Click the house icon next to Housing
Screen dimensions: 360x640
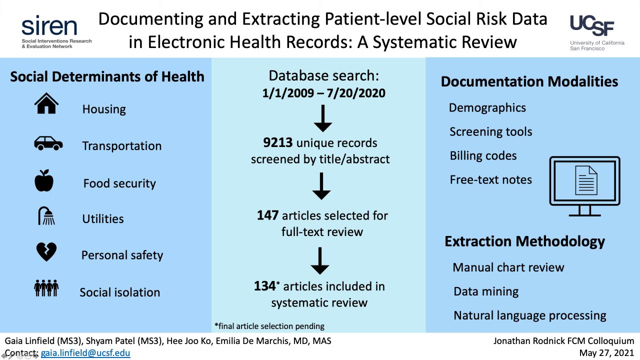[46, 103]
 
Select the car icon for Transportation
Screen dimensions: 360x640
[48, 143]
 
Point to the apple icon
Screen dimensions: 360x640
[44, 180]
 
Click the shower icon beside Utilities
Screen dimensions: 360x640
[46, 216]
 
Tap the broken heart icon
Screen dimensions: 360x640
[46, 252]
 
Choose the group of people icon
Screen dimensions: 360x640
[46, 288]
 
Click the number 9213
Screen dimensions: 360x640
[278, 143]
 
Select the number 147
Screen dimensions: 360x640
[268, 215]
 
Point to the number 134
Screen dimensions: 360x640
[265, 286]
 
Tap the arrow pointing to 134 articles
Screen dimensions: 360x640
[320, 260]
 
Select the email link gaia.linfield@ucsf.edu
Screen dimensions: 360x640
[85, 353]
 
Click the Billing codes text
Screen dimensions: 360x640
[483, 155]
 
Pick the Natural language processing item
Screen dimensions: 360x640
[529, 315]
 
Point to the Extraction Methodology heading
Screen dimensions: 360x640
[524, 241]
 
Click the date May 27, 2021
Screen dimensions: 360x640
[606, 353]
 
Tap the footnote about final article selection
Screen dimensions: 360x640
[269, 326]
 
